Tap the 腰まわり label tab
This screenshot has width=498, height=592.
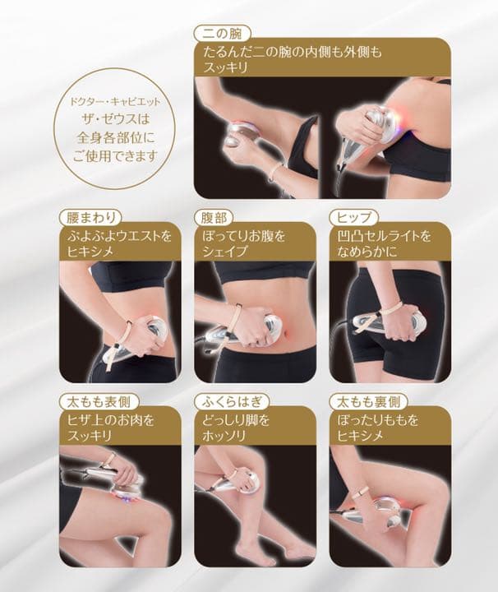91,218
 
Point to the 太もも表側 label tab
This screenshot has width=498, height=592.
97,402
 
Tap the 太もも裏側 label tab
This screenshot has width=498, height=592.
367,402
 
